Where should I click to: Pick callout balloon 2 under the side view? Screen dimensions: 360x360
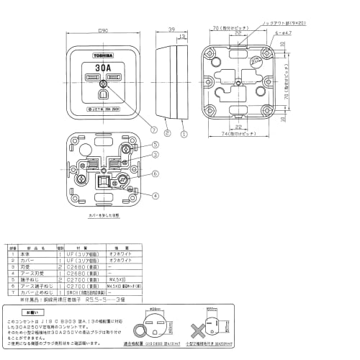tap(166, 134)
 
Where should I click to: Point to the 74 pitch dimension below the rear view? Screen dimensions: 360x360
tap(237, 135)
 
